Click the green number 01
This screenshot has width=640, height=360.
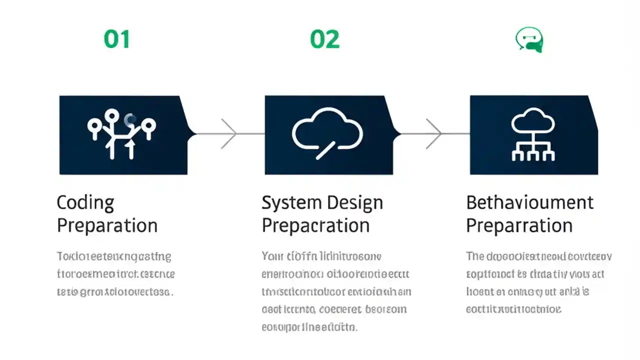tap(117, 39)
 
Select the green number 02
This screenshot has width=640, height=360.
tap(324, 39)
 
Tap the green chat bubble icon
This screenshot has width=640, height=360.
tap(529, 40)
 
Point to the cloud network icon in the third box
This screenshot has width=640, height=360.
tap(533, 135)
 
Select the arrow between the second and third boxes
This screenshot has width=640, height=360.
tap(433, 134)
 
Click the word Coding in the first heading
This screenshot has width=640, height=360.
tap(85, 203)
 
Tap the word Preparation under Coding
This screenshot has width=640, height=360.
tap(107, 225)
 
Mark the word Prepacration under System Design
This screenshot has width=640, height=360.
tap(315, 225)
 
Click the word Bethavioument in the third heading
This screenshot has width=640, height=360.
tap(529, 202)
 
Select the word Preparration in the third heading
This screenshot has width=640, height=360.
tap(519, 225)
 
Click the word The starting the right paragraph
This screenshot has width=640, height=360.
tap(475, 257)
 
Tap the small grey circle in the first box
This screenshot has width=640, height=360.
tap(131, 119)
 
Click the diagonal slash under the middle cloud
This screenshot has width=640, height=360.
tap(325, 149)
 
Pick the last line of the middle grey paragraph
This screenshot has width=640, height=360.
tap(309, 327)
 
